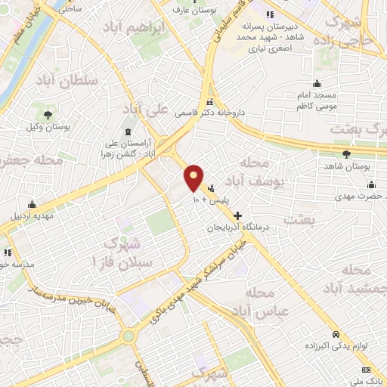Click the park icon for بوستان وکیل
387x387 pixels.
click(48, 114)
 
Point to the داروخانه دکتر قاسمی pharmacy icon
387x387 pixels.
click(210, 102)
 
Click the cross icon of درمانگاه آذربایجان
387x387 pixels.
click(238, 215)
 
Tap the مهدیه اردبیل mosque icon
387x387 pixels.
click(33, 203)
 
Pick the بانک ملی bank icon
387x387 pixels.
click(367, 370)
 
